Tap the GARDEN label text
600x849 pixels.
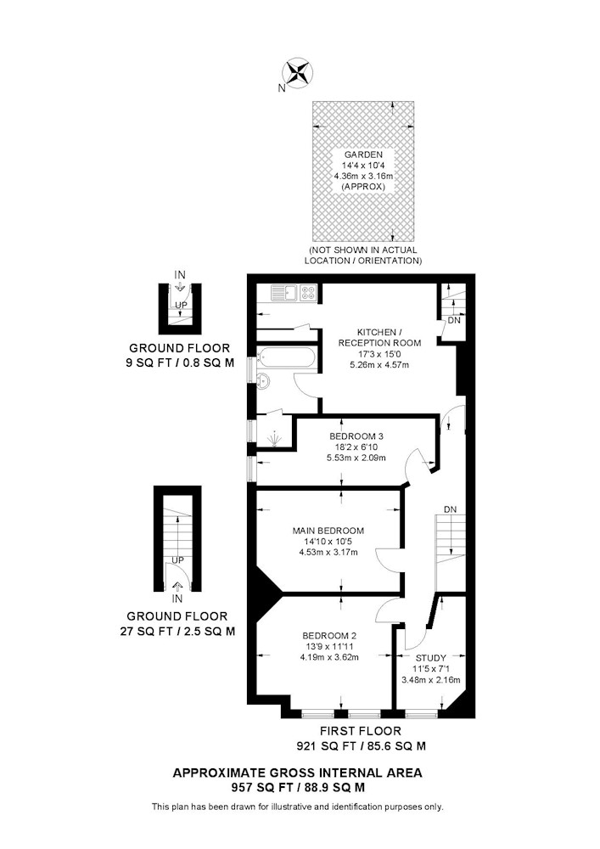pos(363,155)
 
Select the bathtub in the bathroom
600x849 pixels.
pos(286,358)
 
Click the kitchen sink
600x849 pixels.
pos(284,292)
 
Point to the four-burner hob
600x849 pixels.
pos(308,292)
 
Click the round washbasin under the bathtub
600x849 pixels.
pos(264,381)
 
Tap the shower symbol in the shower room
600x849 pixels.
pos(275,439)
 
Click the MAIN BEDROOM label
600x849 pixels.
pos(328,531)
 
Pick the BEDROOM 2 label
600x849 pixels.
pos(329,635)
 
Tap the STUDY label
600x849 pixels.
pos(431,659)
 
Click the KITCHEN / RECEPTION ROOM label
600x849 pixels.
pos(380,337)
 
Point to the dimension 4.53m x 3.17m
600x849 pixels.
pos(328,553)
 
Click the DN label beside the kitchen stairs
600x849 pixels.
pos(455,321)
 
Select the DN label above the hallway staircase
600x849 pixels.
pos(450,509)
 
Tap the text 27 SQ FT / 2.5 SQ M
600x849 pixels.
pos(177,631)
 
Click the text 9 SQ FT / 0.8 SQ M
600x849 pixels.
pos(180,363)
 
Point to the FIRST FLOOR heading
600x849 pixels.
pos(361,731)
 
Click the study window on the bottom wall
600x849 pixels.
pos(421,714)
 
